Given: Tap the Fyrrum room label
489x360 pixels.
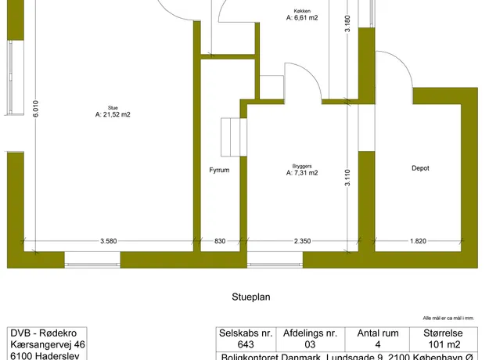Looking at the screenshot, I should click(x=219, y=169).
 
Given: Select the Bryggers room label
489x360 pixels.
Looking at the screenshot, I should click(x=302, y=167).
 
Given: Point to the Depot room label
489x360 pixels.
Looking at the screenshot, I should click(x=420, y=168).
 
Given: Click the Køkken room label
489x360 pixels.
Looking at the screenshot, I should click(x=302, y=11).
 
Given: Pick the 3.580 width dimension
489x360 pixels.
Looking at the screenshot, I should click(x=109, y=241).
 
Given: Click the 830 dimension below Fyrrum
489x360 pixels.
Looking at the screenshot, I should click(x=219, y=241).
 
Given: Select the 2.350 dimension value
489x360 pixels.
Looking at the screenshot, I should click(x=303, y=241).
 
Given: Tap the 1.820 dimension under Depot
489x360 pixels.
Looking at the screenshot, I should click(x=418, y=241).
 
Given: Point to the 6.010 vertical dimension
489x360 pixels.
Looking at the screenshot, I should click(x=35, y=110).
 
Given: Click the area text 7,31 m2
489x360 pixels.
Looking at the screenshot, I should click(x=302, y=173).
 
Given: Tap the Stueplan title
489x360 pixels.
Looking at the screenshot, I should click(x=250, y=297).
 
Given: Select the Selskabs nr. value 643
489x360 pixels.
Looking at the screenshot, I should click(x=246, y=344).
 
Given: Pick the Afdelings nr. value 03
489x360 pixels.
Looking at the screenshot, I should click(x=309, y=344).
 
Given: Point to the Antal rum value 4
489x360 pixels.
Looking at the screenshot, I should click(x=377, y=344).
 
